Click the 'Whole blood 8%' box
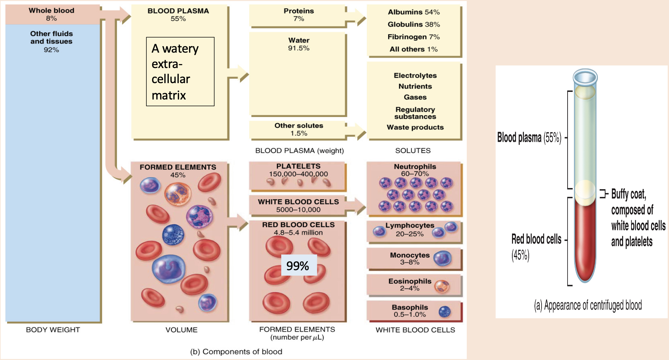pyautogui.click(x=51, y=14)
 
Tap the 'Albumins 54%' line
pyautogui.click(x=413, y=12)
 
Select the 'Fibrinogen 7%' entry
pyautogui.click(x=413, y=37)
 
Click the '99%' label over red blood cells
pyautogui.click(x=298, y=266)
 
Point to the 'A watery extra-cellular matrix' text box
pyautogui.click(x=180, y=72)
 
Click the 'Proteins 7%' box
pyautogui.click(x=299, y=15)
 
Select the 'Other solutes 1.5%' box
pyautogui.click(x=299, y=129)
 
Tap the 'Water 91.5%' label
pyautogui.click(x=299, y=44)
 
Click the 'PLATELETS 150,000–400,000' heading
pyautogui.click(x=298, y=170)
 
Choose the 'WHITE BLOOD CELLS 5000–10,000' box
pyautogui.click(x=298, y=206)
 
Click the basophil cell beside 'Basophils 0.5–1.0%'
pyautogui.click(x=445, y=311)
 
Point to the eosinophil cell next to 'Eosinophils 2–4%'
pyautogui.click(x=442, y=286)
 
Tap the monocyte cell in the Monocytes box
pyautogui.click(x=442, y=258)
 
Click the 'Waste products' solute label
pyautogui.click(x=415, y=127)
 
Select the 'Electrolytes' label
pyautogui.click(x=415, y=76)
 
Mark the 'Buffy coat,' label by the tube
pyautogui.click(x=628, y=194)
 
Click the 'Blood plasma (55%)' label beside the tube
pyautogui.click(x=529, y=138)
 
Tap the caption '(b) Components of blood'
pyautogui.click(x=236, y=352)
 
